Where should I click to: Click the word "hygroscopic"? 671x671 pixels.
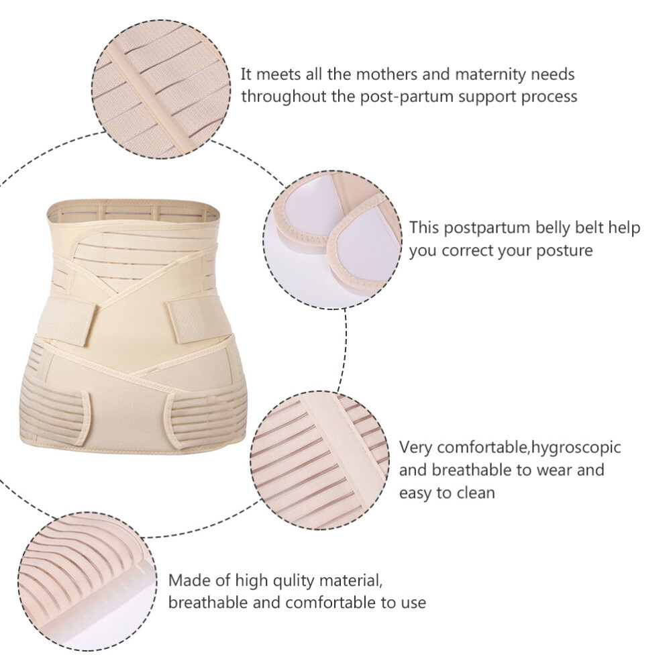[x=576, y=447]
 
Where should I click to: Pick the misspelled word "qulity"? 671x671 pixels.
[x=302, y=580]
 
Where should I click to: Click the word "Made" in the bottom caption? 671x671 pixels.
[x=187, y=580]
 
